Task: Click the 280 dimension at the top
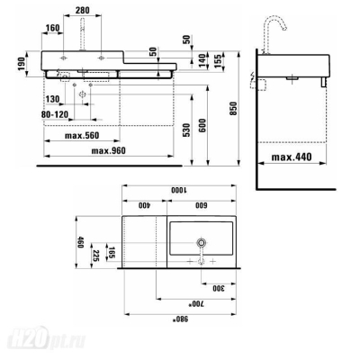[82, 10]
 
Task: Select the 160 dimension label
[52, 28]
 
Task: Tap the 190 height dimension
[22, 64]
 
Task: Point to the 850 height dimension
[234, 109]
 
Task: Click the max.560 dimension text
[82, 136]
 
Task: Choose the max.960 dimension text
[108, 150]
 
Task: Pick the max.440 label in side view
[292, 157]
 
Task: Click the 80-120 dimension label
[55, 114]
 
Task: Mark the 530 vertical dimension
[186, 130]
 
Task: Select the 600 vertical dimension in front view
[202, 126]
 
